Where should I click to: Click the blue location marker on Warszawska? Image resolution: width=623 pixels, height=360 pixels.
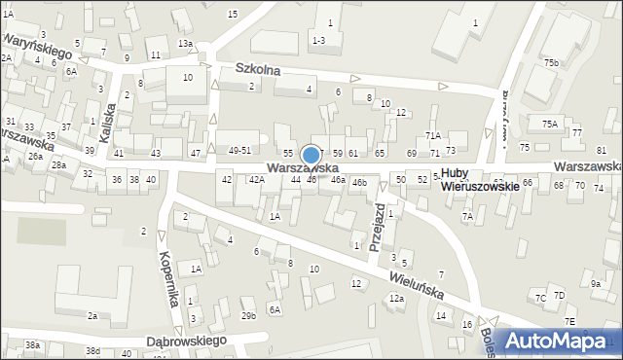(311, 156)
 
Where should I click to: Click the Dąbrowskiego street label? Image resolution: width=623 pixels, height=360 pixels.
(184, 342)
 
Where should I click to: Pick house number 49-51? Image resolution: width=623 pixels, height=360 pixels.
(239, 150)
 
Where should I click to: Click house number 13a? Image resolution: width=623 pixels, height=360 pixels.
(185, 44)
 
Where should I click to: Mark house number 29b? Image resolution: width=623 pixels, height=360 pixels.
(248, 315)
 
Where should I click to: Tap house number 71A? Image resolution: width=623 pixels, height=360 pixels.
(432, 135)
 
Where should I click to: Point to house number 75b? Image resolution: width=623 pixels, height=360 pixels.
(552, 63)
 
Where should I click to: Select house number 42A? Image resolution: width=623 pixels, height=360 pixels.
(256, 180)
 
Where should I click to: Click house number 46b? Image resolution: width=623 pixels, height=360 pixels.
(359, 182)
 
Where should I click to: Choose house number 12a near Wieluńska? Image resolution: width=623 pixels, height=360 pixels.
(396, 299)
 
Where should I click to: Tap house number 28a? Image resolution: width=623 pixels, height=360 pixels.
(59, 165)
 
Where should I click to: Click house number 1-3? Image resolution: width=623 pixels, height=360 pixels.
(318, 40)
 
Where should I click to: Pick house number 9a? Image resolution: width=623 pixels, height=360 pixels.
(596, 283)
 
